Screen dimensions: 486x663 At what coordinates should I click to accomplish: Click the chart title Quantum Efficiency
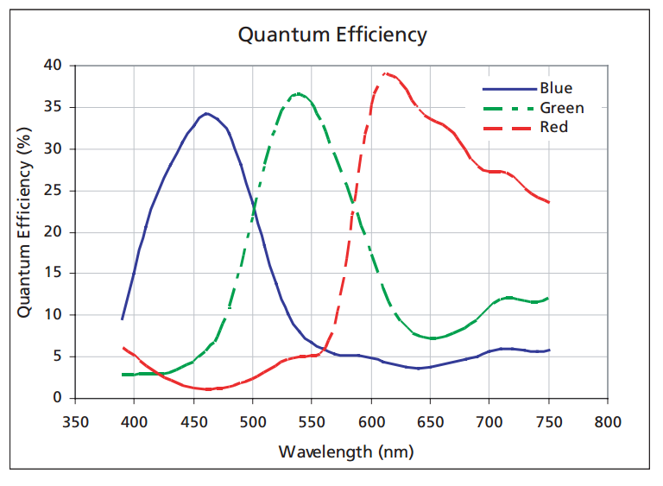click(x=332, y=35)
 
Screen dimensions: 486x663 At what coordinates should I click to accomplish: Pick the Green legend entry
click(x=561, y=108)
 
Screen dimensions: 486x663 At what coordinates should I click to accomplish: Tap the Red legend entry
click(x=553, y=127)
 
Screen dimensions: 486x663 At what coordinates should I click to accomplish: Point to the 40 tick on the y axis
click(x=53, y=66)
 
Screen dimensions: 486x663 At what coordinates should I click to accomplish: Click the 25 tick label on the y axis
click(x=53, y=190)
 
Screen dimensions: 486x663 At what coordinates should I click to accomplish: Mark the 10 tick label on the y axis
click(x=53, y=315)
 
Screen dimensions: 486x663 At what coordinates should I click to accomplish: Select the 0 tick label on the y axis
click(x=57, y=398)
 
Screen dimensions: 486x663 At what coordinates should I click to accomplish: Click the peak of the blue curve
click(x=205, y=113)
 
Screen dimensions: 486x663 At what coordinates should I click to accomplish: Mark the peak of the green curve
click(x=297, y=93)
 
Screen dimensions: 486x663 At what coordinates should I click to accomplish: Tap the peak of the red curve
click(x=385, y=73)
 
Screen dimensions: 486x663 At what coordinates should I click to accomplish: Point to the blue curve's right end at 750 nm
click(x=548, y=350)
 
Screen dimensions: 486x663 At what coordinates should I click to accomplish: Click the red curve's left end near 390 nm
click(x=123, y=347)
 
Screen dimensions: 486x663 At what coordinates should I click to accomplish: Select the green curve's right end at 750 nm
click(x=548, y=298)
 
